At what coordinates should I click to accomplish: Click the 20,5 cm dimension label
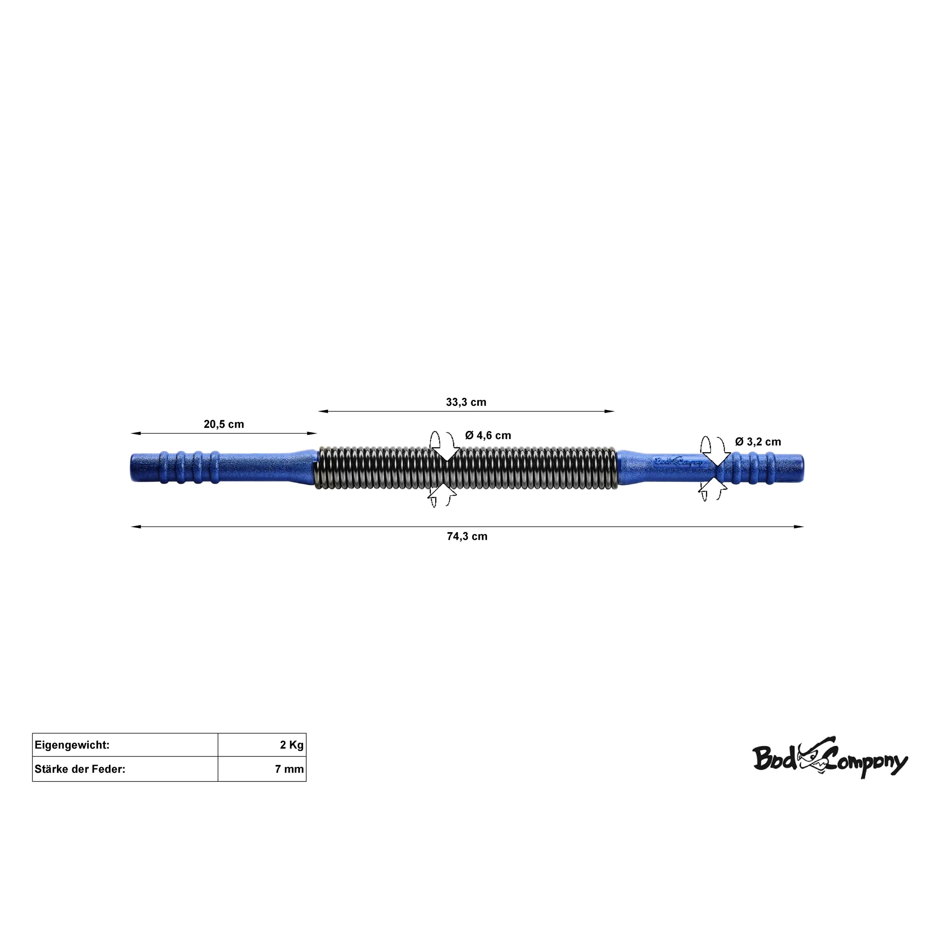coord(224,425)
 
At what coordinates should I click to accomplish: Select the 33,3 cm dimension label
coord(466,402)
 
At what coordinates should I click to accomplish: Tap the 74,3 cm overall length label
coord(467,536)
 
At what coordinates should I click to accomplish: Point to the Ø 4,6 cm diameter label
coord(488,436)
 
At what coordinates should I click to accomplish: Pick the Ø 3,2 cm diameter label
coord(758,442)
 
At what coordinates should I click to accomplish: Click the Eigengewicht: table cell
coord(125,745)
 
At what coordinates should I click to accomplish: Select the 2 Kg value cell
coord(262,745)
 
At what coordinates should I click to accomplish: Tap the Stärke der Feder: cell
coord(125,769)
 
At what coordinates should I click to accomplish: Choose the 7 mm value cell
coord(262,769)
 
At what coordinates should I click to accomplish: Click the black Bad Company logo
coord(830,758)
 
